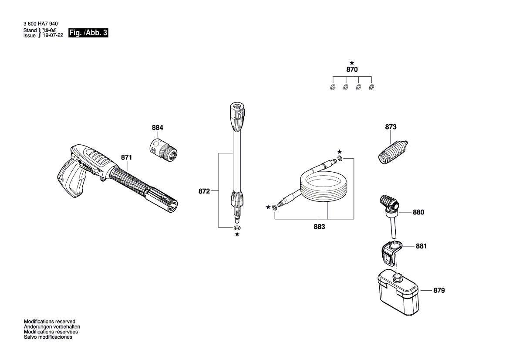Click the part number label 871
(127, 157)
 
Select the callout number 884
(158, 128)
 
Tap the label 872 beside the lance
(204, 191)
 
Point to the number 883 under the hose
(320, 227)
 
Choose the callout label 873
(391, 127)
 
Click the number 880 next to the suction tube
(418, 212)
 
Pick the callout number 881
(421, 246)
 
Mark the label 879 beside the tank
(439, 290)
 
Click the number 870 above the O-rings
(352, 70)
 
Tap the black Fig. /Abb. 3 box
(88, 33)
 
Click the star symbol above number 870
(352, 63)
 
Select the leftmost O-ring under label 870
(333, 88)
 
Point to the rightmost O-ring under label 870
(371, 87)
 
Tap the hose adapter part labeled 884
(163, 150)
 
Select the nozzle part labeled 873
(393, 153)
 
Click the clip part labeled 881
(391, 253)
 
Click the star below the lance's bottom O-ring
(237, 234)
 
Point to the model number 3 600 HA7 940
(40, 24)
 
